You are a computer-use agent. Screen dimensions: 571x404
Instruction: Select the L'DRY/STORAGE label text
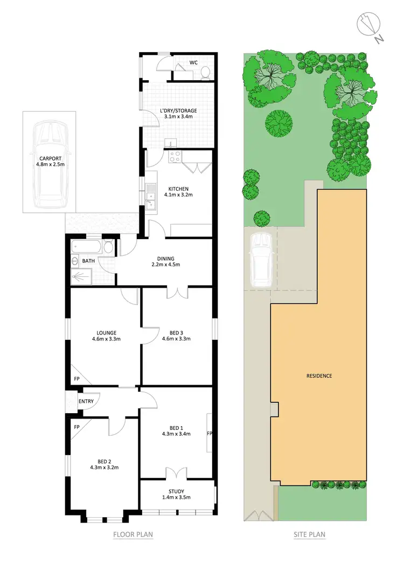pyautogui.click(x=179, y=111)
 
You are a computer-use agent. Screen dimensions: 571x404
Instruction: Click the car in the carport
pyautogui.click(x=50, y=164)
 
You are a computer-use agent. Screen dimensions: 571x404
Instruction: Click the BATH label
pyautogui.click(x=88, y=261)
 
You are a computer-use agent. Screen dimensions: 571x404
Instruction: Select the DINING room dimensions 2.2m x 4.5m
pyautogui.click(x=165, y=264)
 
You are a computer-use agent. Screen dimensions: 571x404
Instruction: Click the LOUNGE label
pyautogui.click(x=106, y=332)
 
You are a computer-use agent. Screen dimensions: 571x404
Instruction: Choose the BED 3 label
pyautogui.click(x=177, y=332)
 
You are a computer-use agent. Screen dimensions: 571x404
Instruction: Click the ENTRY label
pyautogui.click(x=86, y=401)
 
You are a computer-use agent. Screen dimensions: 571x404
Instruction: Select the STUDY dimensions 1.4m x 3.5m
pyautogui.click(x=176, y=497)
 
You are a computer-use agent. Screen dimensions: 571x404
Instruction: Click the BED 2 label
pyautogui.click(x=105, y=461)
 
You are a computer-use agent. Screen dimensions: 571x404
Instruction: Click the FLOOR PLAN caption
pyautogui.click(x=133, y=535)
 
